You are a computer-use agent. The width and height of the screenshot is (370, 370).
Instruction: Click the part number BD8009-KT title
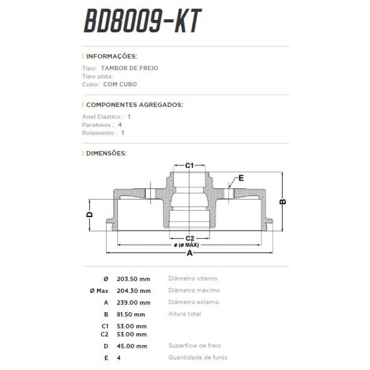142,21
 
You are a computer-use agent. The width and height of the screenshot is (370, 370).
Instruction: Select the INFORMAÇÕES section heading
111,56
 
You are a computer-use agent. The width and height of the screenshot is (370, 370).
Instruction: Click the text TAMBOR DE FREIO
129,68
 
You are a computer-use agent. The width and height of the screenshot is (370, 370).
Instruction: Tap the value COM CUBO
120,84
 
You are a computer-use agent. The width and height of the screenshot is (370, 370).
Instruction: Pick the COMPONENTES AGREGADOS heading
134,105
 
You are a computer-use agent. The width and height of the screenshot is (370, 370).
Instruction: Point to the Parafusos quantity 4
120,125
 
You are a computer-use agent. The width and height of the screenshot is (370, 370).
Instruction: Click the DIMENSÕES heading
106,153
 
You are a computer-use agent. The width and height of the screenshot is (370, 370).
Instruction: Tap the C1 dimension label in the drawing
189,166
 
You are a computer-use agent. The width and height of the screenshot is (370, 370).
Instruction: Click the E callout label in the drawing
241,178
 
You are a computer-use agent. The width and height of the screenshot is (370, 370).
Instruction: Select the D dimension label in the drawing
89,214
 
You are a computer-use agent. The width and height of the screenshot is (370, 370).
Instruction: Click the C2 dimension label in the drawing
190,238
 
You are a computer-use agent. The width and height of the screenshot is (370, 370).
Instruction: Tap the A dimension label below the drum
190,253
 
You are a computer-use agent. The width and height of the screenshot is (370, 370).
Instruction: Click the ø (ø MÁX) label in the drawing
186,245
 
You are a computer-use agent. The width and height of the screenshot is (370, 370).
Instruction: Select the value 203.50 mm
134,279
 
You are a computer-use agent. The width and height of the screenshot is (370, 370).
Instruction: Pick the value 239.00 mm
134,303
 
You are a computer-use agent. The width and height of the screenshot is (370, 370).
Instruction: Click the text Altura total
185,314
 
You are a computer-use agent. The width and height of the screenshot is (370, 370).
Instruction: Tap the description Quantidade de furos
198,357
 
